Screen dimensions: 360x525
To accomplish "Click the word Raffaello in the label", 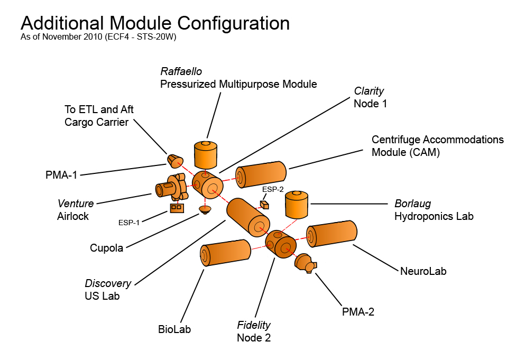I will (182, 71).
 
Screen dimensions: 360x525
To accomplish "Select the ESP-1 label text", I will (129, 222).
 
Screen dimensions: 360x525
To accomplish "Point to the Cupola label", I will (106, 247).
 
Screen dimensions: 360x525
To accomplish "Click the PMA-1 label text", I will (61, 174).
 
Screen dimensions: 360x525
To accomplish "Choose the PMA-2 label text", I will (358, 311).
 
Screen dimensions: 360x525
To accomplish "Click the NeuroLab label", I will (423, 271).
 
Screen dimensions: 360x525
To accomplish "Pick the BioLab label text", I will (174, 329).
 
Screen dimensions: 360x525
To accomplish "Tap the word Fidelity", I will (254, 325).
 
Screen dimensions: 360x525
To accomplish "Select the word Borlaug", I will (412, 204).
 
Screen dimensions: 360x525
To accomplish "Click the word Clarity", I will (369, 91).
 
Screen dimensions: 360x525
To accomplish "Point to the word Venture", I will (76, 204).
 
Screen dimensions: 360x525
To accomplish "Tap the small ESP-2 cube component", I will (264, 205).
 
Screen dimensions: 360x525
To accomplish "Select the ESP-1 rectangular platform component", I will (177, 208).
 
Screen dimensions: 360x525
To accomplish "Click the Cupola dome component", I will (205, 209).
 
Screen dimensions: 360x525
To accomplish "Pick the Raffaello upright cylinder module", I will (206, 154).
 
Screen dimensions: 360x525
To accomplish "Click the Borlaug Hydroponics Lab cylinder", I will (297, 205).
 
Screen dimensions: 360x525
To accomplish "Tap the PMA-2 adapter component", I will (304, 263).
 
